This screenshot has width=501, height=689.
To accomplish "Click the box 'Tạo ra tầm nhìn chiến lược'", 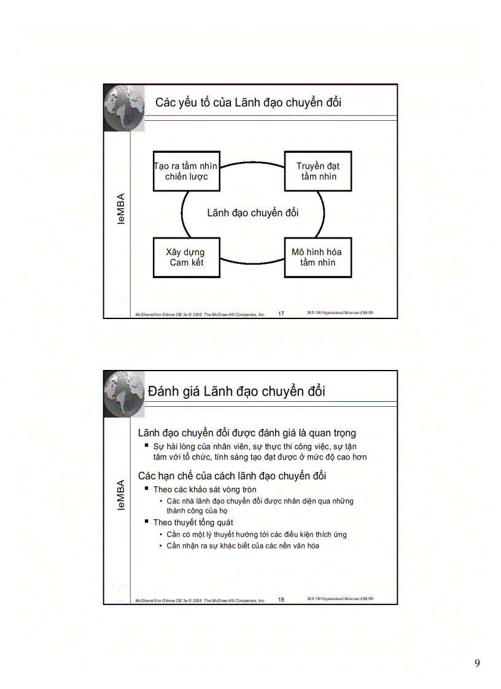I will pos(186,171).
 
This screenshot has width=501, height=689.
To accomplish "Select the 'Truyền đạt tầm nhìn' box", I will pos(318,171).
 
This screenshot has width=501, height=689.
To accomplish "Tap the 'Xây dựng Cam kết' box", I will pos(186,257).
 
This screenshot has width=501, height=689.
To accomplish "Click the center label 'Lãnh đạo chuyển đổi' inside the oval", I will pos(252,213).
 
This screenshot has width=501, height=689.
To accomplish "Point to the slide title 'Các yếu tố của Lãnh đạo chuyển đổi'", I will pos(248,102).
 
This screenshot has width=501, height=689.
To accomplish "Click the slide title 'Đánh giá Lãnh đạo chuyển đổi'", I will pos(236,391).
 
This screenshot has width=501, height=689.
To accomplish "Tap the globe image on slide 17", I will pos(123,107).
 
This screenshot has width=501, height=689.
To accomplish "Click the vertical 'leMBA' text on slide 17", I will pos(122,209).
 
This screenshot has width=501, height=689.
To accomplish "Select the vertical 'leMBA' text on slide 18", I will pos(122,495).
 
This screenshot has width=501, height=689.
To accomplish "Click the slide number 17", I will pos(281,314).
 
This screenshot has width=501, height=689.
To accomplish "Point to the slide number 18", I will pos(281,600).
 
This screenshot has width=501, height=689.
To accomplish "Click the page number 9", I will pos(477,663).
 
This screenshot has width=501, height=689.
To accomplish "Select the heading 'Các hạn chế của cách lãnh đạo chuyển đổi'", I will pos(232,475).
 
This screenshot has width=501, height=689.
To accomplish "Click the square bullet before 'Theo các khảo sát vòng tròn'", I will pos(147,488).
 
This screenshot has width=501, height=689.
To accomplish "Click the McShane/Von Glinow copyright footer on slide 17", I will pos(200,314).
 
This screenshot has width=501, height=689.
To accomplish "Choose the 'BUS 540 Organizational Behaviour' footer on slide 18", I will pos(340,599).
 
